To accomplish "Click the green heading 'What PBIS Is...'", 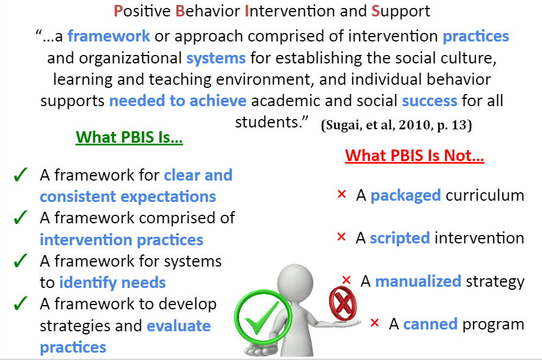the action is (x=129, y=137).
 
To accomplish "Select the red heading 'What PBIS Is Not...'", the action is (x=414, y=156).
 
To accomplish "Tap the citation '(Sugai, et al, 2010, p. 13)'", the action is (x=397, y=124).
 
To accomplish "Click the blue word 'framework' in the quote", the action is (x=109, y=36).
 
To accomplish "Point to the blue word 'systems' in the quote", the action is (x=216, y=58).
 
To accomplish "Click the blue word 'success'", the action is (x=429, y=101).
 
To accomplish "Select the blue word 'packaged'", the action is (x=405, y=196).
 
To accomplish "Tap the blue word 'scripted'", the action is (x=400, y=239).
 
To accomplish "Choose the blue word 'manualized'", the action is (x=418, y=281).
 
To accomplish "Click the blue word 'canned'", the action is (x=430, y=324).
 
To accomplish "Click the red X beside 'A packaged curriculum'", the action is (x=342, y=194).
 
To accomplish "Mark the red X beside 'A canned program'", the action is (x=374, y=323).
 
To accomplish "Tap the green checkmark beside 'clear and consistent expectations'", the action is (x=20, y=175).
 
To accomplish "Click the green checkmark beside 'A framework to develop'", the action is (x=20, y=303).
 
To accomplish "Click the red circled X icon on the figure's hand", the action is (x=342, y=304).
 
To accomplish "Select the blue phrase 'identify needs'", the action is (x=112, y=283).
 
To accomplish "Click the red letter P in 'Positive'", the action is (x=118, y=11).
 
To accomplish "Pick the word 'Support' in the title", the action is (x=401, y=12).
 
